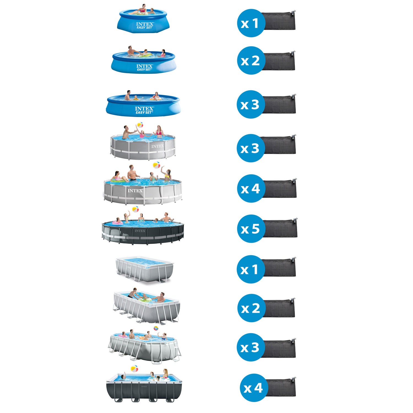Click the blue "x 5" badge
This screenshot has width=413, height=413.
tap(251, 229)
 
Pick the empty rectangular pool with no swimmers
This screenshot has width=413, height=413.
tap(144, 268)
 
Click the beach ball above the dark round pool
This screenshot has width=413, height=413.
tap(135, 210)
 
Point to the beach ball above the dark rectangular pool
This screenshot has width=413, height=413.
tap(134, 368)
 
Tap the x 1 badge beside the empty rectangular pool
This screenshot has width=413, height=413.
tap(251, 269)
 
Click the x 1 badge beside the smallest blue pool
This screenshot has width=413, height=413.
tap(251, 23)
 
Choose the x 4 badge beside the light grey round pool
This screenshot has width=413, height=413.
tap(251, 189)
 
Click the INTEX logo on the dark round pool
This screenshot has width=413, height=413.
tap(140, 231)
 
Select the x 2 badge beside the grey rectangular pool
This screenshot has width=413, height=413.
tap(251, 308)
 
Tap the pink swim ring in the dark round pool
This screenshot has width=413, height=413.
tap(118, 223)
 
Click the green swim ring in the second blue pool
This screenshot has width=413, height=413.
tap(145, 55)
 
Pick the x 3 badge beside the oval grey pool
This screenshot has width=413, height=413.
tap(251, 347)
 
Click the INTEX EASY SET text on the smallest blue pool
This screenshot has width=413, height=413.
tap(145, 26)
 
